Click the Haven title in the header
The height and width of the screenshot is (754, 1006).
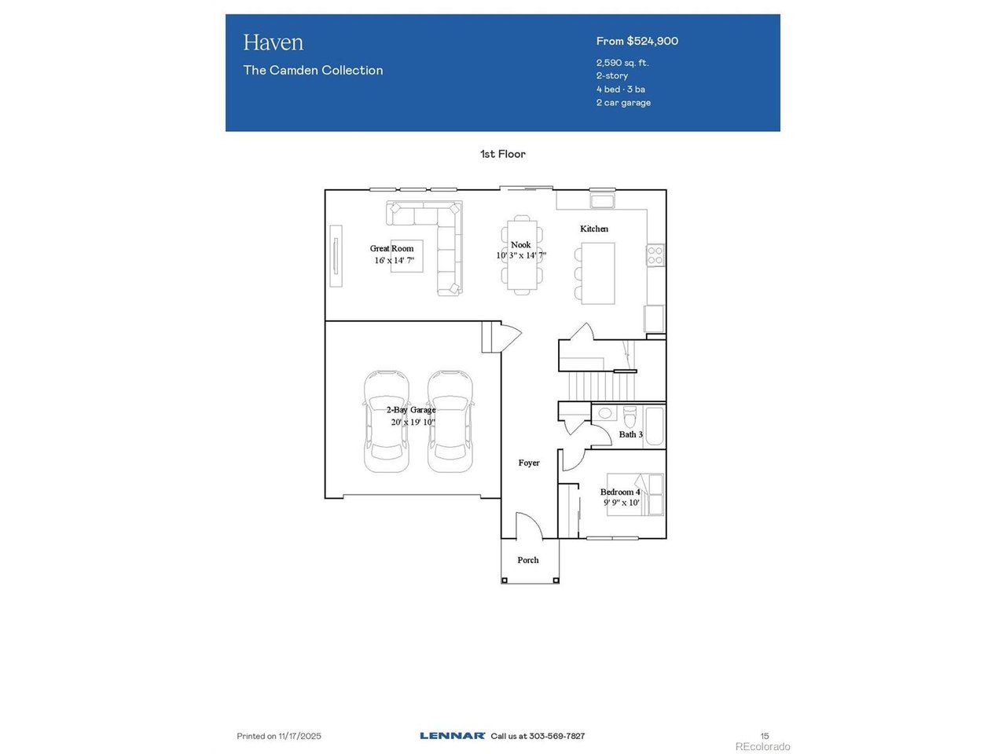[273, 42]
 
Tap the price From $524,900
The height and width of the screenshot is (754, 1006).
[637, 41]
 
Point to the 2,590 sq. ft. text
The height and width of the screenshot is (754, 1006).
[622, 63]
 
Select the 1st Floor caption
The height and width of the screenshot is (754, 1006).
[503, 154]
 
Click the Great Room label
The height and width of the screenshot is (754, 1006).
[392, 248]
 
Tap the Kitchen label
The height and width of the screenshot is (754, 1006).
[594, 229]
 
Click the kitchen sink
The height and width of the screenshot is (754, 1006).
[602, 200]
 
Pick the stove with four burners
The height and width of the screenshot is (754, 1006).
[655, 255]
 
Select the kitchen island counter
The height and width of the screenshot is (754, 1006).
[597, 273]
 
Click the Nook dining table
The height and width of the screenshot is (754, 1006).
[522, 255]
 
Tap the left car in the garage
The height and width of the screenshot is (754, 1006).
[386, 421]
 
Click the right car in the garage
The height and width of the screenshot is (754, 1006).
[450, 421]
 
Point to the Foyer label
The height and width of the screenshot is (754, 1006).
[529, 463]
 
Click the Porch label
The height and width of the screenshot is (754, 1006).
[528, 560]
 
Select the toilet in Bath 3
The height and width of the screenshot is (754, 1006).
[630, 415]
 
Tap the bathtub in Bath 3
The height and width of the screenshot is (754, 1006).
[654, 426]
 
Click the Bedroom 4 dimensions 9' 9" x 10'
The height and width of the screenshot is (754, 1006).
[621, 503]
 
